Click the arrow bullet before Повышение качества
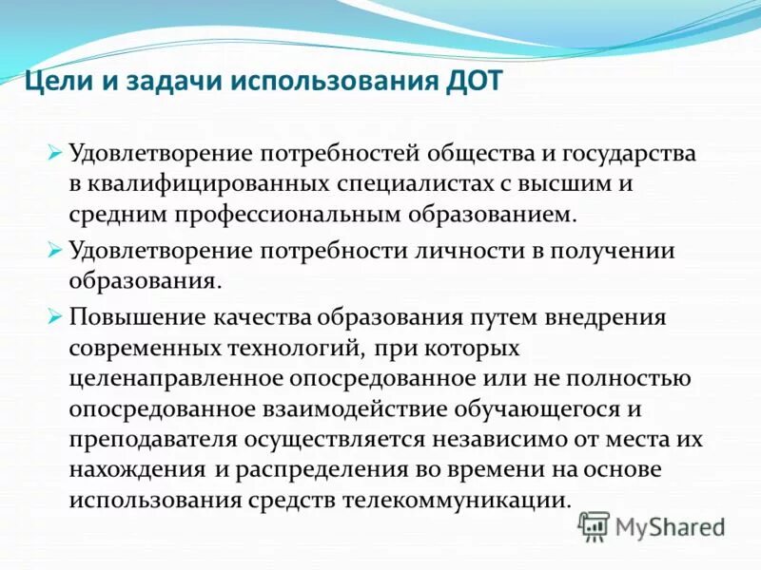point(54,315)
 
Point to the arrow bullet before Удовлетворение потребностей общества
point(54,153)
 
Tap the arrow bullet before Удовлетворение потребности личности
point(54,251)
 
